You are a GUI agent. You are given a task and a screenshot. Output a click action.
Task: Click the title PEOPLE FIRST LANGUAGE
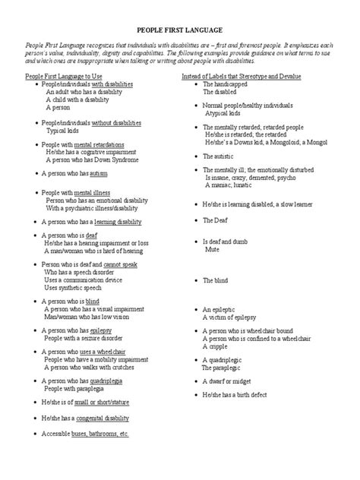[180, 31]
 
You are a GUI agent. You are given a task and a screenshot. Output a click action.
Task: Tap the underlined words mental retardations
[99, 144]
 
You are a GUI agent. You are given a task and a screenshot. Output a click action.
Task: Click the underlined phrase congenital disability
[103, 418]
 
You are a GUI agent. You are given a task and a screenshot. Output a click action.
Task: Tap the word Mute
[212, 248]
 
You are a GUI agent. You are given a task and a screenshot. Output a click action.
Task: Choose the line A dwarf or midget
[229, 381]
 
